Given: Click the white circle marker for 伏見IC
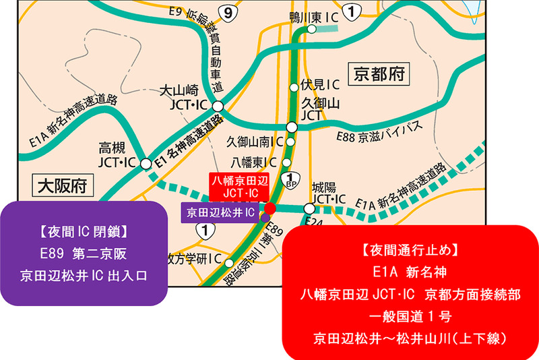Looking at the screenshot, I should pyautogui.click(x=293, y=86).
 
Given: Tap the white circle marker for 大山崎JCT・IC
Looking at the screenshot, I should pyautogui.click(x=218, y=107).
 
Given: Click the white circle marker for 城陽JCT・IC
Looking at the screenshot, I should pyautogui.click(x=309, y=208).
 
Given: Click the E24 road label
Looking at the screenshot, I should pyautogui.click(x=311, y=221).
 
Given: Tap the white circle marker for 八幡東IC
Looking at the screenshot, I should pyautogui.click(x=288, y=162).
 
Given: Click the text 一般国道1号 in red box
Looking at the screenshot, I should pyautogui.click(x=410, y=316).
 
